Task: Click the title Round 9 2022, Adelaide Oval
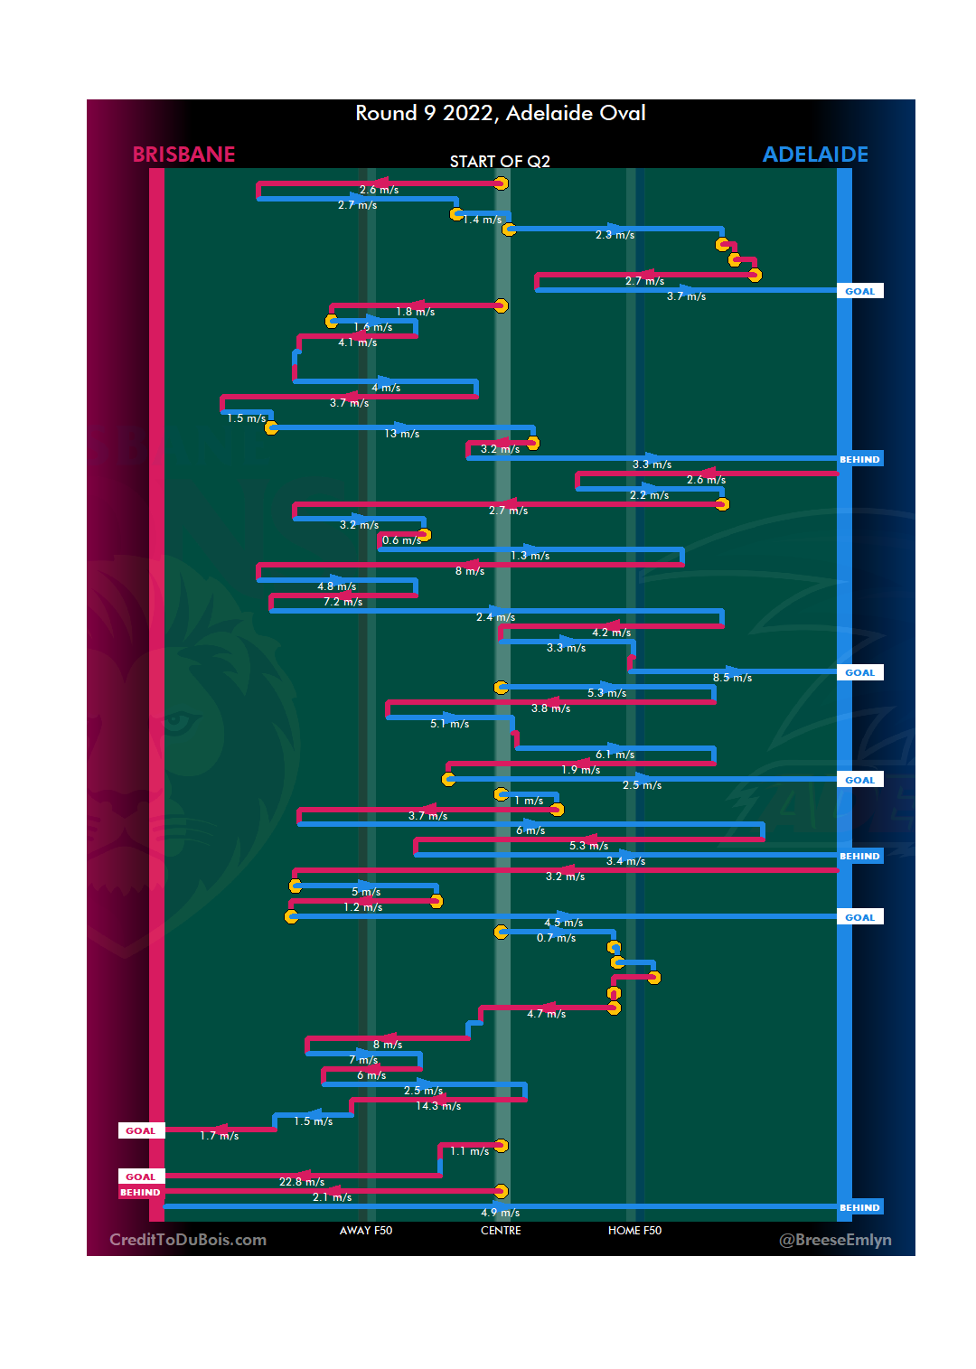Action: [500, 113]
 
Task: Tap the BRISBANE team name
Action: [183, 155]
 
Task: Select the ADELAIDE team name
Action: [815, 155]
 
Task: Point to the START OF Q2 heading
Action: [500, 162]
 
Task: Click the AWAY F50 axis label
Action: [366, 1230]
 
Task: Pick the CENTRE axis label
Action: [501, 1230]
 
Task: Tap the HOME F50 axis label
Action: [634, 1230]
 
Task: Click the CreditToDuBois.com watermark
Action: [188, 1240]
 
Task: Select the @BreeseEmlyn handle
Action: [835, 1240]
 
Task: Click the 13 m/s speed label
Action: [402, 434]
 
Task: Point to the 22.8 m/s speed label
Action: [302, 1182]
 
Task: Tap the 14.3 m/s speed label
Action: [438, 1106]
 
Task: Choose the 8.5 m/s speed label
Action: [732, 678]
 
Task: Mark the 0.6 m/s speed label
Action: [401, 540]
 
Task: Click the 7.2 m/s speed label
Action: [343, 602]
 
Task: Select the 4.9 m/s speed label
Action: [501, 1213]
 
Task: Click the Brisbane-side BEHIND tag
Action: [140, 1193]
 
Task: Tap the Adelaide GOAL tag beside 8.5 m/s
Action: [859, 673]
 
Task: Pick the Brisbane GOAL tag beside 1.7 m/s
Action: [140, 1131]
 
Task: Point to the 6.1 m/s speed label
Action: [615, 755]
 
